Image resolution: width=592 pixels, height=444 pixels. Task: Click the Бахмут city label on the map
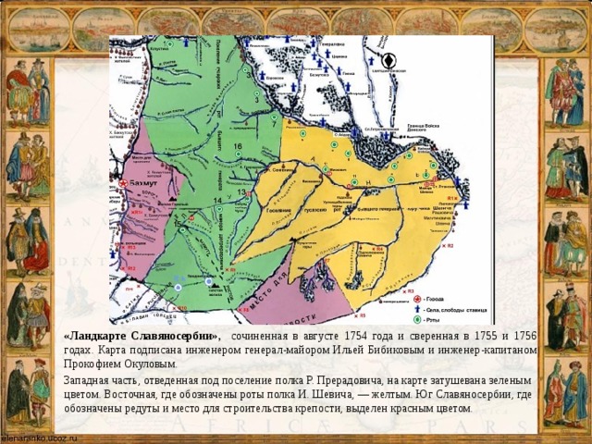pos(142,185)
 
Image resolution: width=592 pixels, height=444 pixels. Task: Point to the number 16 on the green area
pos(238,148)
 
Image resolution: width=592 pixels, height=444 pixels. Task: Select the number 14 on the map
pos(217,201)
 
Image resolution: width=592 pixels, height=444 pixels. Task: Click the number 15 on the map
pos(179,223)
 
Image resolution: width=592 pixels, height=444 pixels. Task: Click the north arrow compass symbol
pos(389,61)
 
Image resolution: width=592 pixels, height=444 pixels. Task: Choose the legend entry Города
pos(437,299)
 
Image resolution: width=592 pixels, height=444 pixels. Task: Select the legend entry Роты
pos(434,319)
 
